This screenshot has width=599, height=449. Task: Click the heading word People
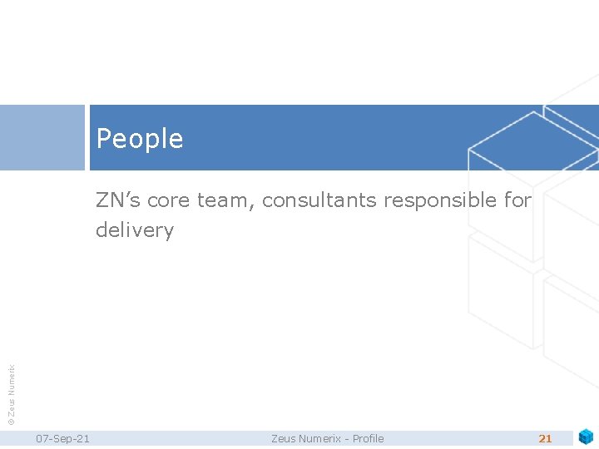click(139, 139)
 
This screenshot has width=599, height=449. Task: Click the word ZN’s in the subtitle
click(116, 200)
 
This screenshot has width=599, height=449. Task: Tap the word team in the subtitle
click(223, 200)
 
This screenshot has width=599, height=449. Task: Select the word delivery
click(134, 229)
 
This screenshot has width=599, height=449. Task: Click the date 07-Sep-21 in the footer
click(63, 438)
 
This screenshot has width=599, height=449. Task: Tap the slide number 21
click(546, 438)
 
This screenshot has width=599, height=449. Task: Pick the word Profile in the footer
click(368, 438)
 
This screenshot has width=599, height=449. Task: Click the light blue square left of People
click(42, 137)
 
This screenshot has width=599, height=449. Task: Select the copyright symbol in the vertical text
click(11, 422)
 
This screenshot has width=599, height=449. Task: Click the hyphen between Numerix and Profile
click(348, 439)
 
